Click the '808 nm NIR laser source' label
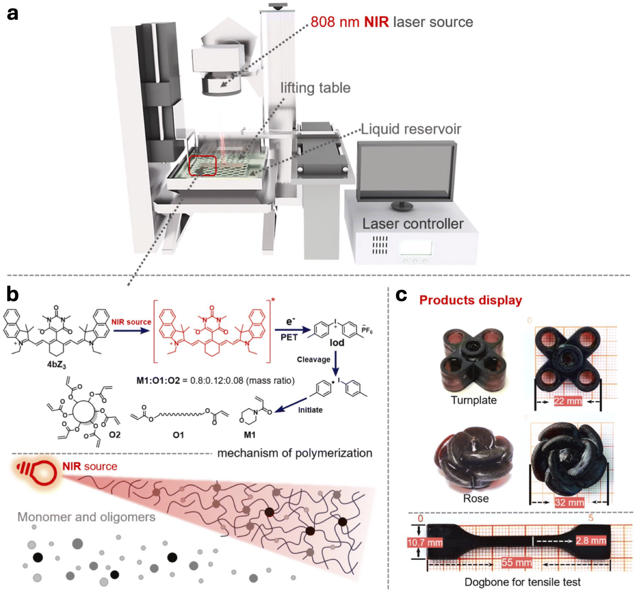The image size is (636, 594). (x=392, y=22)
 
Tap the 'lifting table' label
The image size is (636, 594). (x=316, y=88)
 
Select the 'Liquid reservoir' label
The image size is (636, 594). (x=411, y=129)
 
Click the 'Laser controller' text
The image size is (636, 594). (x=413, y=224)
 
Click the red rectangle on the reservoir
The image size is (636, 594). (x=202, y=166)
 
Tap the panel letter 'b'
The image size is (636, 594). (x=12, y=294)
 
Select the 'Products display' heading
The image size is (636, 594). (x=470, y=300)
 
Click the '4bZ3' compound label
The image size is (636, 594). (x=56, y=365)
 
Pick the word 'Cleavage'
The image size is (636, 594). (x=313, y=359)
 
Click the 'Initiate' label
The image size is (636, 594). (x=310, y=410)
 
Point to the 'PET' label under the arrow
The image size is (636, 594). (x=289, y=337)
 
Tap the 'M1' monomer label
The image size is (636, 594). (x=250, y=435)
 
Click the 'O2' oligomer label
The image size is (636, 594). (x=115, y=435)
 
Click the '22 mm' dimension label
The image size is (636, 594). (x=568, y=401)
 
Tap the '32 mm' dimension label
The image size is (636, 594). (x=569, y=503)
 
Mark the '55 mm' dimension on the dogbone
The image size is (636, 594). (x=517, y=563)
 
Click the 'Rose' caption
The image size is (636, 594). (x=476, y=498)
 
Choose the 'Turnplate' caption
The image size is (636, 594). (x=474, y=400)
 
